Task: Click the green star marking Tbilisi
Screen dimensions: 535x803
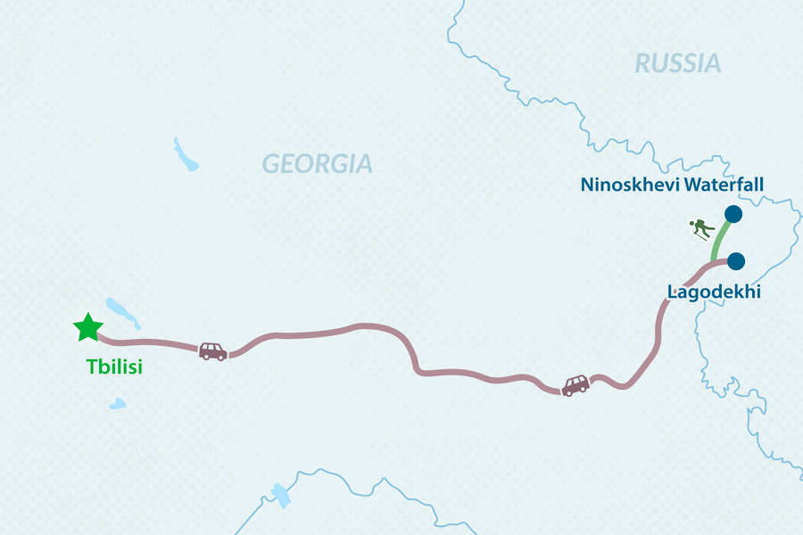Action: coord(87,328)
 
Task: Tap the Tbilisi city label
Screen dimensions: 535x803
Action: coord(114,366)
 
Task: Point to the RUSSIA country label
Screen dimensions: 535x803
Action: coord(677,63)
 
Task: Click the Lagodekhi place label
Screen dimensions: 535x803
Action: coord(714,292)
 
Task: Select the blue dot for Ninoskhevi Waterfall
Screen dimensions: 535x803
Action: coord(733,214)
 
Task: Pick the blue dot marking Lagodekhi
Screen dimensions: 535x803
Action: coord(736,261)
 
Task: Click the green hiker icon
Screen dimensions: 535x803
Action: coord(703,230)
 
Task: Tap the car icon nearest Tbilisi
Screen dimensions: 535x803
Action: coord(212,350)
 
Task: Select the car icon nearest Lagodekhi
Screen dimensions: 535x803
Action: coord(575,385)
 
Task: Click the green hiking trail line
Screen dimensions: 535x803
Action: coord(719,239)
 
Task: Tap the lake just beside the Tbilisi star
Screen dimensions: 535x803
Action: coord(123,312)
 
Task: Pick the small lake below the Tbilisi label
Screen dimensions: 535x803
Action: coord(117,404)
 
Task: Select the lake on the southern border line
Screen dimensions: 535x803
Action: coord(281,493)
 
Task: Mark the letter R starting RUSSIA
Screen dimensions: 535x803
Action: coord(642,63)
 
